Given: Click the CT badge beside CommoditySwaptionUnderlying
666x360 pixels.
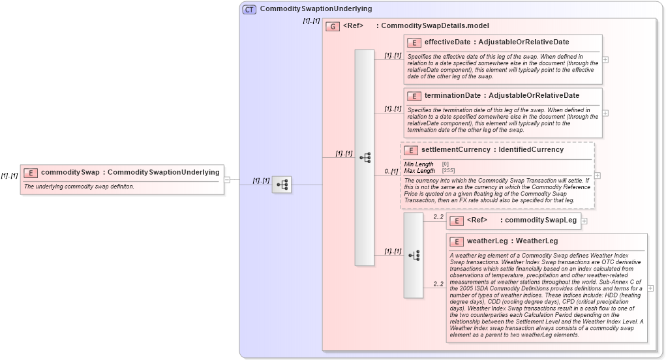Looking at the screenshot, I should (x=249, y=9).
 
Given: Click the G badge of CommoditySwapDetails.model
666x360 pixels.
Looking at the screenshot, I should (x=333, y=26).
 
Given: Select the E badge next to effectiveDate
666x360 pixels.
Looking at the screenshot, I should (x=414, y=42).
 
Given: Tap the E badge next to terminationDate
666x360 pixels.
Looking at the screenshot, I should (x=414, y=96).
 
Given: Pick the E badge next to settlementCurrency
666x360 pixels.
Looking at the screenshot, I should (x=411, y=150).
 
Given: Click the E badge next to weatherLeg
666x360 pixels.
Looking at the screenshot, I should (x=457, y=241).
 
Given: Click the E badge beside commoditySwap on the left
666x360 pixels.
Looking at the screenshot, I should (x=30, y=173).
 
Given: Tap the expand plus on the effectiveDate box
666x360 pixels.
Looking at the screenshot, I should (x=606, y=59).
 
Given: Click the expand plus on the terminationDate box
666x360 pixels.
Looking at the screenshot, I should (x=606, y=112).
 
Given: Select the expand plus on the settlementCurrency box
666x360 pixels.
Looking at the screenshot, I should (x=598, y=175).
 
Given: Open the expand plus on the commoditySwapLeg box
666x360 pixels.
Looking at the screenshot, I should (x=584, y=220).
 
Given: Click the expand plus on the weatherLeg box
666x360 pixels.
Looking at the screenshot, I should (x=650, y=288).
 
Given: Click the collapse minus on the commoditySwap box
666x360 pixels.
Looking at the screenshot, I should (x=227, y=179).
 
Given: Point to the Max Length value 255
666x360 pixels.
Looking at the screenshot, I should (x=446, y=171).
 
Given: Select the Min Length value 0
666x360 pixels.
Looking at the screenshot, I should (x=446, y=164).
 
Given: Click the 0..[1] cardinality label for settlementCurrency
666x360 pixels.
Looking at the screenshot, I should (x=391, y=171).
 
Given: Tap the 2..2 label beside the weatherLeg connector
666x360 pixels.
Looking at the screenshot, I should (x=438, y=284).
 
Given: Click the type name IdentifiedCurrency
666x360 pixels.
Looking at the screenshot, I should (x=531, y=150).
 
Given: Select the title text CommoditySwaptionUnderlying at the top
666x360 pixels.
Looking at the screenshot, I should (x=316, y=9).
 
